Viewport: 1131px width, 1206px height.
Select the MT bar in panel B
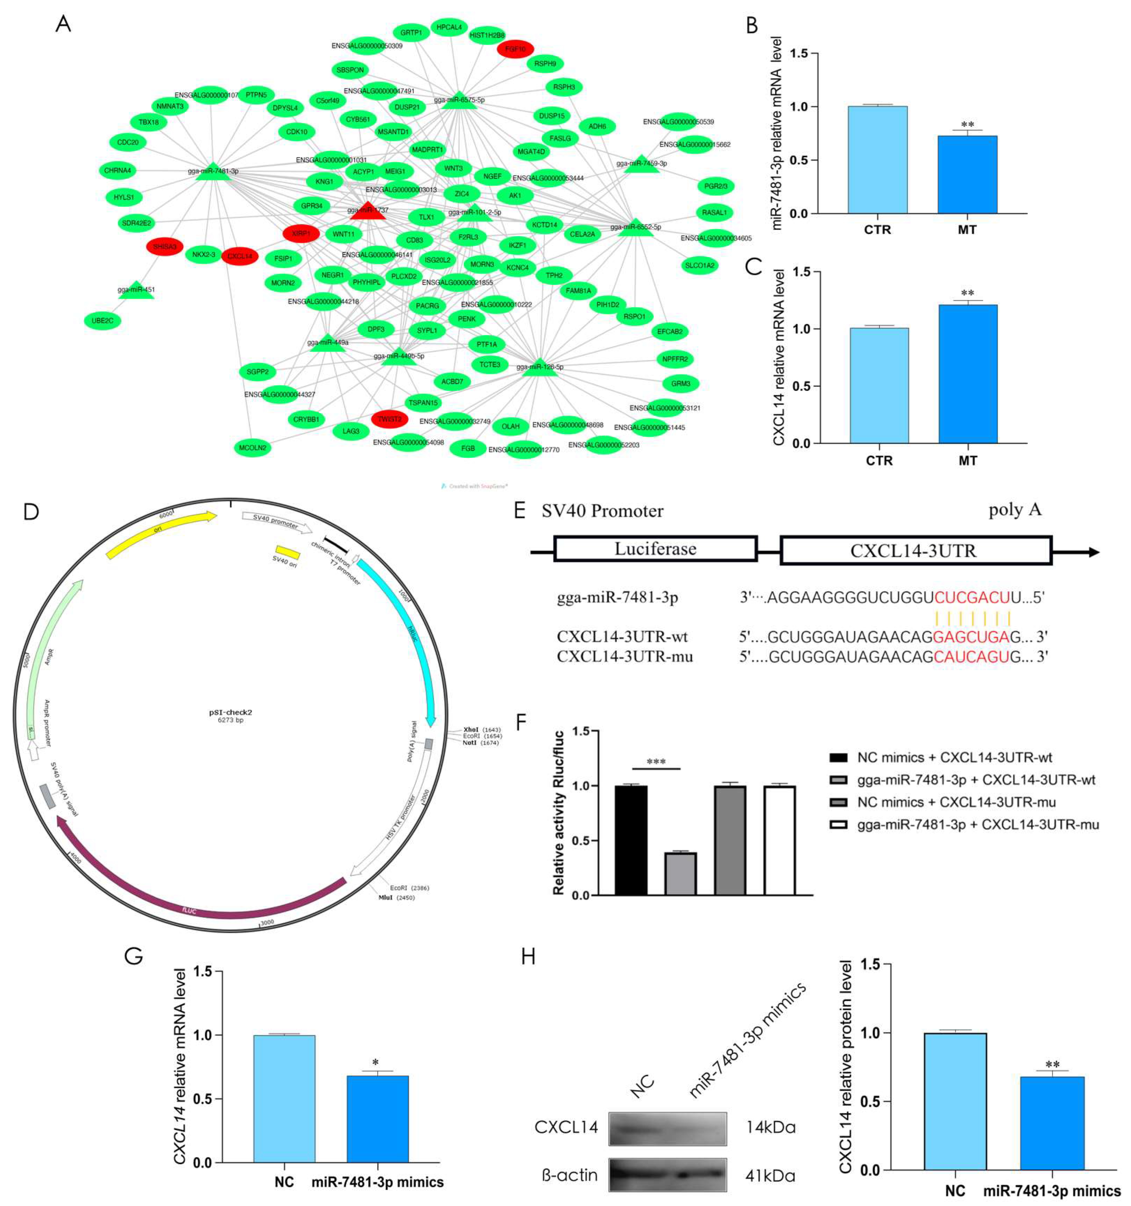[x=967, y=175]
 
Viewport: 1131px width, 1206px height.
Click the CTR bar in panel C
[x=879, y=385]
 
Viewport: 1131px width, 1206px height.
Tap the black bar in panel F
[x=631, y=840]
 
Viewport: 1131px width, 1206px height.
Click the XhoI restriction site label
[x=471, y=730]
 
